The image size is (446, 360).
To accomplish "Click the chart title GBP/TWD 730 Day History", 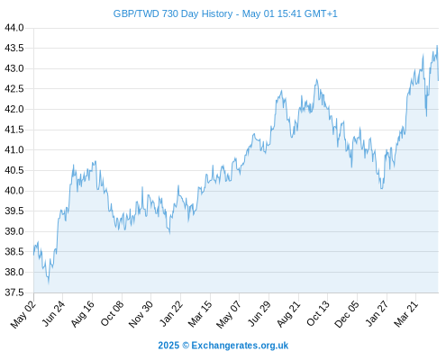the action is [225, 13].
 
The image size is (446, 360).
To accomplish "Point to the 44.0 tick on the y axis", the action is [14, 28].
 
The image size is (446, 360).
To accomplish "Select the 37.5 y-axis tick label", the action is [14, 292].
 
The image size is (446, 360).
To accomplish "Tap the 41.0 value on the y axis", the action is [14, 150].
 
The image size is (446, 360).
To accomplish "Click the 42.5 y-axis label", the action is [14, 89].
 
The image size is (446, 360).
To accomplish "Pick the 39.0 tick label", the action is [14, 231].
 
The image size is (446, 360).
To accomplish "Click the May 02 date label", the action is [23, 314].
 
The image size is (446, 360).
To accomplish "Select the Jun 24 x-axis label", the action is [53, 313].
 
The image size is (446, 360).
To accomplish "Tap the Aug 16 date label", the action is [82, 313].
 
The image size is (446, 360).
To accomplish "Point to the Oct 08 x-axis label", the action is [112, 313].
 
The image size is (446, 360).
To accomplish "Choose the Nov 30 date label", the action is [141, 314].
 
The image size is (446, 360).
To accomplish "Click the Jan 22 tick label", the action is [171, 313].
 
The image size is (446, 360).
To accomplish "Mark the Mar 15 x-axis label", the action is [200, 314].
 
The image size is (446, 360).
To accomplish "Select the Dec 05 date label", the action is [347, 314].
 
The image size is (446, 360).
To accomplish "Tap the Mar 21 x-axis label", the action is [406, 313].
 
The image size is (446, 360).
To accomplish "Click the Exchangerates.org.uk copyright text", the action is [240, 346].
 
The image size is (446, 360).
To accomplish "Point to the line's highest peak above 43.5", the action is [437, 46].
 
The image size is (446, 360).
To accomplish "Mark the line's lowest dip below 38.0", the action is [49, 283].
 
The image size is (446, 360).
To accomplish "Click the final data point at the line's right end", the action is [439, 80].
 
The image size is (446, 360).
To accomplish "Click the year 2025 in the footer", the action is [168, 346].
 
